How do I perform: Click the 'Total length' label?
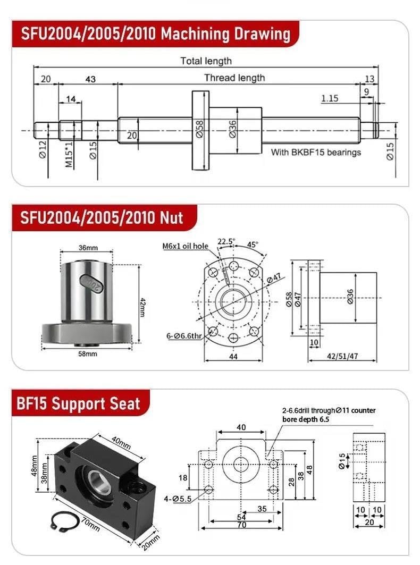tap(206, 61)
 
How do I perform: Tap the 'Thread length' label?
tap(234, 78)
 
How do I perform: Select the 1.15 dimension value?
tap(330, 98)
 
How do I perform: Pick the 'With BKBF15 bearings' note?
tap(316, 153)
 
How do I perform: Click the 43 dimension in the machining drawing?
tap(90, 79)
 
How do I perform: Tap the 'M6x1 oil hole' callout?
tap(186, 246)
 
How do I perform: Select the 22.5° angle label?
tap(225, 241)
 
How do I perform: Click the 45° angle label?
tap(253, 244)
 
